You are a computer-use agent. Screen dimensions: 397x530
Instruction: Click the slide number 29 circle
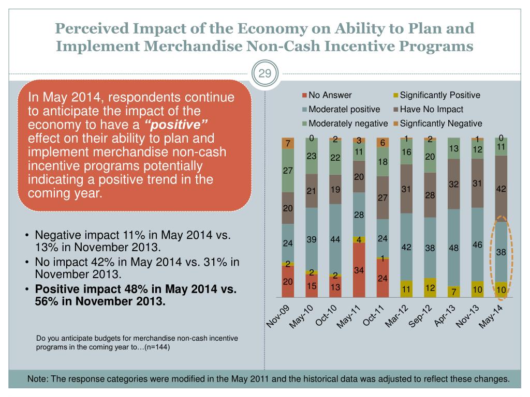(x=264, y=73)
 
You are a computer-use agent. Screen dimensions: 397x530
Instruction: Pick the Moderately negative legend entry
(x=348, y=124)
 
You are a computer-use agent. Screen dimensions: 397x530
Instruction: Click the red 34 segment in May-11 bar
(x=359, y=270)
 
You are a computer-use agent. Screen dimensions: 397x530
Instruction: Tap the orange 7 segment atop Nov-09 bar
(x=288, y=143)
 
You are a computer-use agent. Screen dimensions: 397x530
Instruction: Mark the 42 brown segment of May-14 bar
(x=501, y=189)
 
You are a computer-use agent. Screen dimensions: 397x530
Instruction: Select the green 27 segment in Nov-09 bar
(x=288, y=170)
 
